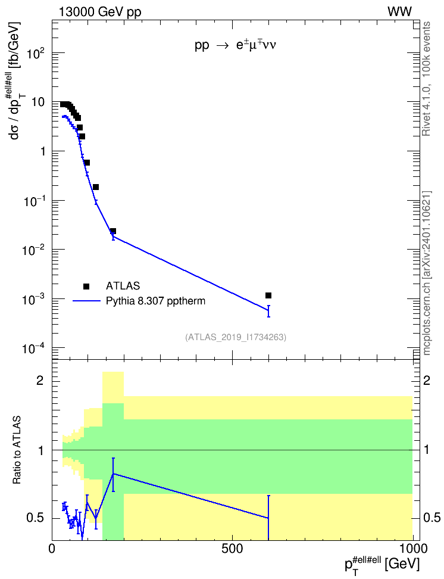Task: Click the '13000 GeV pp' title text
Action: tap(100, 12)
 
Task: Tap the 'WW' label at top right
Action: tap(400, 12)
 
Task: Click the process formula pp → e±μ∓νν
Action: tap(236, 45)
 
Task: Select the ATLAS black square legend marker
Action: tap(86, 286)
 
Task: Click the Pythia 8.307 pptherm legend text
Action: tap(155, 301)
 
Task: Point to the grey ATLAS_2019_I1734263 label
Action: tap(236, 337)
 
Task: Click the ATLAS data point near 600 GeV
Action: tap(268, 295)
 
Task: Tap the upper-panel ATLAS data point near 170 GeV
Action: tap(113, 231)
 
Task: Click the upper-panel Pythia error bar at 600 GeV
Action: tap(268, 311)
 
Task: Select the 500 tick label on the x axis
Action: tap(232, 549)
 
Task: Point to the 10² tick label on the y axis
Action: tap(36, 53)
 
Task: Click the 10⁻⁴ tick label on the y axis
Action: tap(33, 348)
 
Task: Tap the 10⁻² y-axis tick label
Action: tap(33, 250)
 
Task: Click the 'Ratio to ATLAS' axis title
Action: tap(17, 450)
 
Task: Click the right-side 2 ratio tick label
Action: tap(427, 381)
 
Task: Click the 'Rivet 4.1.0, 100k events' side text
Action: tap(426, 79)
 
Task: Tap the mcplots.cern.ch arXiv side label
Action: tap(427, 273)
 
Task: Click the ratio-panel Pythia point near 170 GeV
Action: tap(113, 474)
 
